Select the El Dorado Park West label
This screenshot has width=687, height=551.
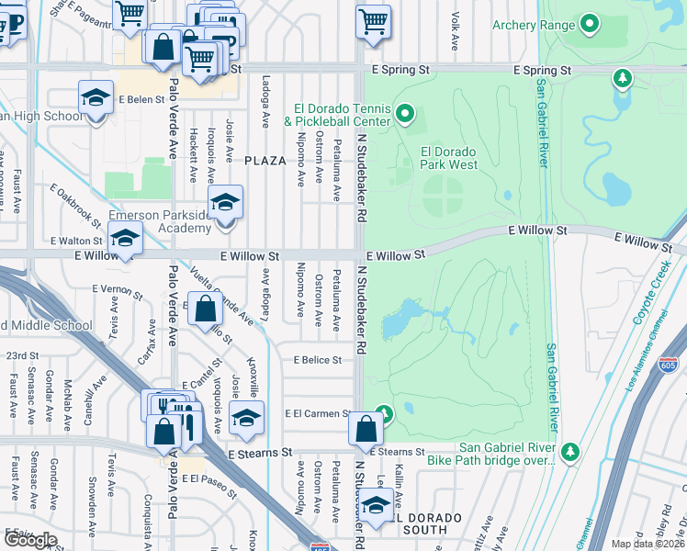pos(448,158)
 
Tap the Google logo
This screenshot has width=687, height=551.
pos(30,539)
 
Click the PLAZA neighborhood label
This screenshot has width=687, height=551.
pos(265,161)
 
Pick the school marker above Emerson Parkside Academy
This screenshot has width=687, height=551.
pos(225,202)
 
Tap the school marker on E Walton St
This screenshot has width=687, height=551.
pos(124,241)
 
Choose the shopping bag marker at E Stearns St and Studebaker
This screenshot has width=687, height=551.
pos(366,428)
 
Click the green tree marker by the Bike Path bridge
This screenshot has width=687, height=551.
pos(570,452)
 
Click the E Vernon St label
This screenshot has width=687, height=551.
pos(118,291)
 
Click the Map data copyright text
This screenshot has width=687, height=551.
pos(647,544)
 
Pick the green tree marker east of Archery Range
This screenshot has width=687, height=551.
pos(624,78)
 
